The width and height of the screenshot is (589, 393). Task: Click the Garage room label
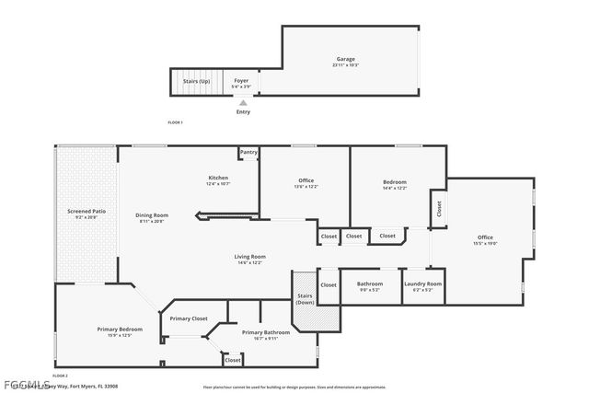[x=345, y=60]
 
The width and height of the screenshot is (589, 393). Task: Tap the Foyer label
[x=241, y=81]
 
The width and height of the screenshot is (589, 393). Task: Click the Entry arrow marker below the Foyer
[x=243, y=102]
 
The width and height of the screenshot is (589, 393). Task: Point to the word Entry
[x=243, y=111]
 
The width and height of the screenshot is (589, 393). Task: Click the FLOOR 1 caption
[x=175, y=122]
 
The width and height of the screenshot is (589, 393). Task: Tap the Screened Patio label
[x=87, y=212]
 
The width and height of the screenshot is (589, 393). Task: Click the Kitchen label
[x=218, y=178]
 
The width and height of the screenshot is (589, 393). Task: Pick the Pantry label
[x=248, y=153]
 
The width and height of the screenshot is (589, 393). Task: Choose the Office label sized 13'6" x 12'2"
[x=306, y=180]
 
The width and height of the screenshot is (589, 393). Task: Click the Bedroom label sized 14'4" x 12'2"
[x=395, y=182]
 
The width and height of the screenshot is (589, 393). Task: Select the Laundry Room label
[x=422, y=283]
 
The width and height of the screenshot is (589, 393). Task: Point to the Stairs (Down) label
[x=306, y=298]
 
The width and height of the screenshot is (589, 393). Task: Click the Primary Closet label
[x=188, y=318]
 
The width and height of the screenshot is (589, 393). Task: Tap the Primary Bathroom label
[x=266, y=332]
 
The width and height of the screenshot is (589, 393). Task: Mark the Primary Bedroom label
[x=120, y=329]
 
